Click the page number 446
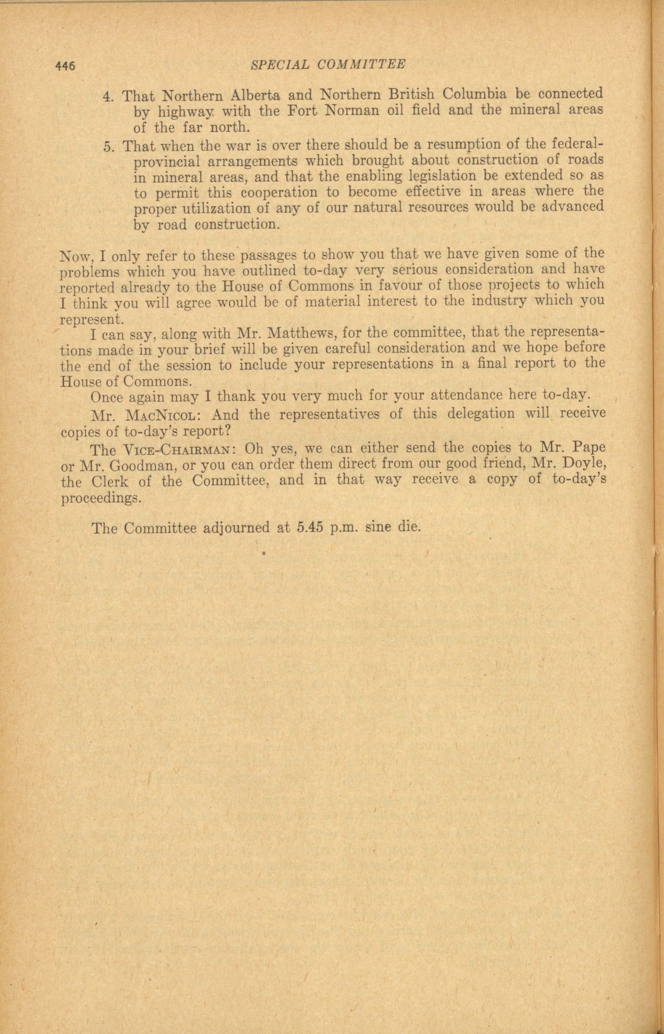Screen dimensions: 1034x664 click(65, 66)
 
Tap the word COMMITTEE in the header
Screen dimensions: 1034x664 click(361, 65)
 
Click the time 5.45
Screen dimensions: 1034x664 click(310, 528)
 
